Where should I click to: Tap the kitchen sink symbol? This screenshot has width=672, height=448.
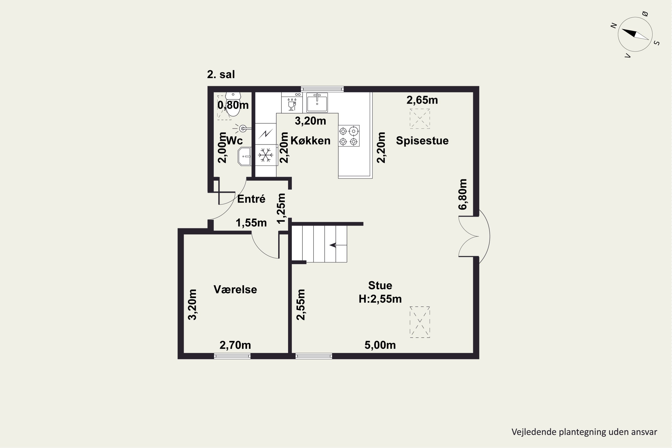tap(317, 102)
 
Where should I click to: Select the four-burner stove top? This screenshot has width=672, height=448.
tap(349, 136)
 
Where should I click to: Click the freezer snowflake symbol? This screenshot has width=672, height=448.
tap(266, 155)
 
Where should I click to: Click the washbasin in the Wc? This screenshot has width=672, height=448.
tap(245, 156)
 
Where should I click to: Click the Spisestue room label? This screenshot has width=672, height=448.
tap(422, 141)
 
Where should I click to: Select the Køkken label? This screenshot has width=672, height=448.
tap(310, 141)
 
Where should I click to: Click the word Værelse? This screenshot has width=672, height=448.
tap(235, 289)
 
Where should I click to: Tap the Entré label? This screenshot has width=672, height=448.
tap(251, 199)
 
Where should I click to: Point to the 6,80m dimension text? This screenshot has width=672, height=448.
tap(463, 194)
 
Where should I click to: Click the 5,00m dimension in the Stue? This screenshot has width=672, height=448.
tap(380, 345)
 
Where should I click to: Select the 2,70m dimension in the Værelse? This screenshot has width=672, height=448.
tap(235, 345)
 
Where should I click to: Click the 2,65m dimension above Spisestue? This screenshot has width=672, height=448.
tap(422, 100)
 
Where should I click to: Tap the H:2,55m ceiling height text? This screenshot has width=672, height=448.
tap(380, 299)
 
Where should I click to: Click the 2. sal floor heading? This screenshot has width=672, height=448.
tap(221, 74)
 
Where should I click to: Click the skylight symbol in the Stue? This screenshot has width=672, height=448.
tap(420, 322)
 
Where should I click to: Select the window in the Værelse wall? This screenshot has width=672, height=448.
tap(232, 356)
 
